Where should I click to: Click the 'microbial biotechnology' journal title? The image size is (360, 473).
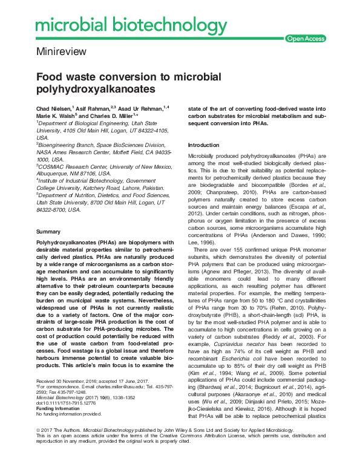pyautogui.click(x=131, y=26)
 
